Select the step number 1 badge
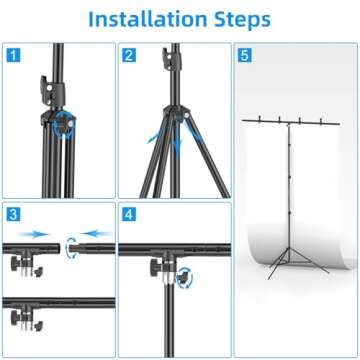pos(13,55)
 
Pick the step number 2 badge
pos(130,55)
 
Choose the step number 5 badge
pos(246,55)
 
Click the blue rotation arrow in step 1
pos(66,125)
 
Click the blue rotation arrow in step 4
pos(184,284)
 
